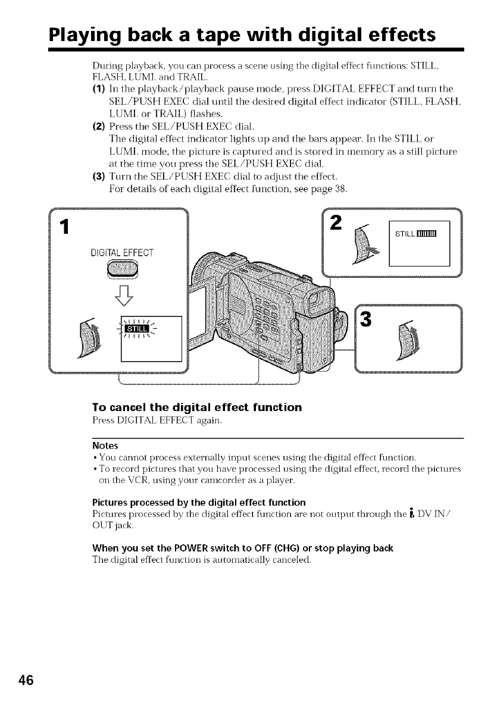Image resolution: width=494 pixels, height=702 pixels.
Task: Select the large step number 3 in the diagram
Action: coord(366,319)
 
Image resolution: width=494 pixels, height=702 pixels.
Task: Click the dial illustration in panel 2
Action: coord(364,244)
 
